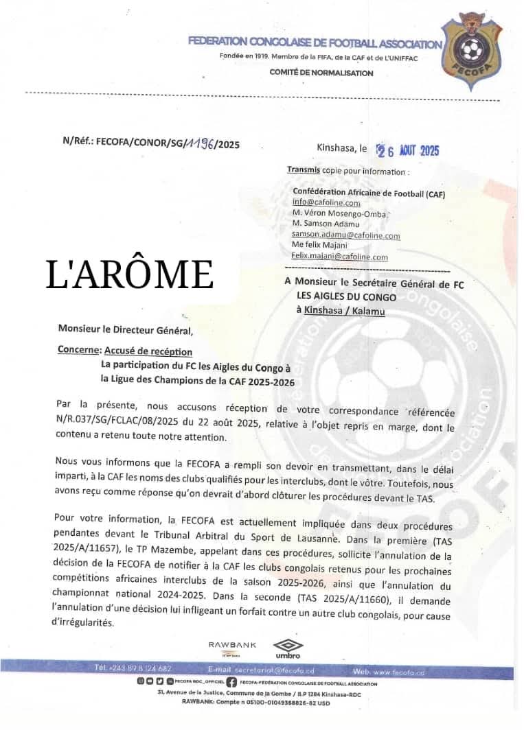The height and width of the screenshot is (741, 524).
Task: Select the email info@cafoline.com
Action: (x=326, y=203)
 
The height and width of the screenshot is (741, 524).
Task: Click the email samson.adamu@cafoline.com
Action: (x=345, y=235)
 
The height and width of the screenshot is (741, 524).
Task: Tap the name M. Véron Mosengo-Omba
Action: (x=339, y=214)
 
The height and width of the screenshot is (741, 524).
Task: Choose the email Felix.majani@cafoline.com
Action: (x=339, y=257)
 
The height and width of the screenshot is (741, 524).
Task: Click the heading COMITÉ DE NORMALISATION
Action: (x=321, y=73)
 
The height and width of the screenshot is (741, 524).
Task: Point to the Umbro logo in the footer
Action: (x=287, y=648)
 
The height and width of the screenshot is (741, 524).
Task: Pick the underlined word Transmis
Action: (x=304, y=171)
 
